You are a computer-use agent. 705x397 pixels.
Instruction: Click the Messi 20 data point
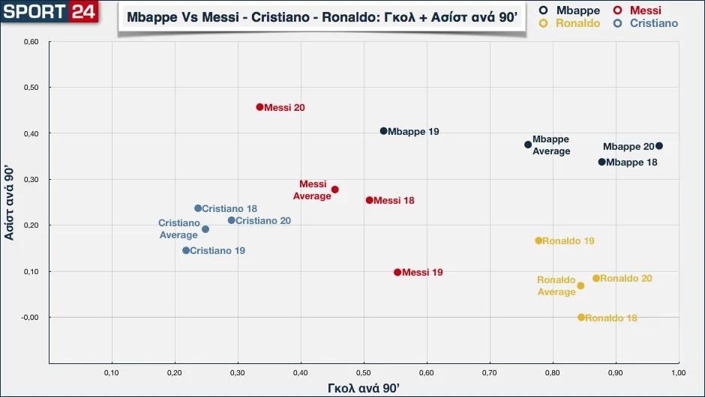pyautogui.click(x=259, y=107)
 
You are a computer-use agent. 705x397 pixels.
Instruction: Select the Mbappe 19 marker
pyautogui.click(x=383, y=131)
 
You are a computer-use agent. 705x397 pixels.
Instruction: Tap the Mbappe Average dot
pyautogui.click(x=528, y=145)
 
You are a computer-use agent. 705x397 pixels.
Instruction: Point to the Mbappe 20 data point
pyautogui.click(x=658, y=146)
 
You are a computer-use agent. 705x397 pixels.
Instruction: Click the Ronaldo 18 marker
pyautogui.click(x=580, y=318)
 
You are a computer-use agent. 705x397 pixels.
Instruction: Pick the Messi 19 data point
pyautogui.click(x=397, y=272)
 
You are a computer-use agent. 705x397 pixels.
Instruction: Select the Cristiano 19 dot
pyautogui.click(x=186, y=250)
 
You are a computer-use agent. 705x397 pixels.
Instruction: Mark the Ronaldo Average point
pyautogui.click(x=580, y=285)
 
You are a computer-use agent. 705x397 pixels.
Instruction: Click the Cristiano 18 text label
pyautogui.click(x=229, y=209)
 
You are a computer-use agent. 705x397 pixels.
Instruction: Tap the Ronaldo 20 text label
pyautogui.click(x=625, y=279)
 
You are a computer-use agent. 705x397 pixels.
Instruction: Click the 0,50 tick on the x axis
pyautogui.click(x=363, y=372)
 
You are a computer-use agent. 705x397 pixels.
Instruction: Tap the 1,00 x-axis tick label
pyautogui.click(x=677, y=372)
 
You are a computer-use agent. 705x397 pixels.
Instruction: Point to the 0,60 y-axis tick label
pyautogui.click(x=31, y=42)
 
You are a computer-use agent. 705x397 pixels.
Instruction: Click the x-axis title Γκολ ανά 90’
pyautogui.click(x=364, y=388)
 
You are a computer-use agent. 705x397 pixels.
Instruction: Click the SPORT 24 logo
pyautogui.click(x=49, y=11)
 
